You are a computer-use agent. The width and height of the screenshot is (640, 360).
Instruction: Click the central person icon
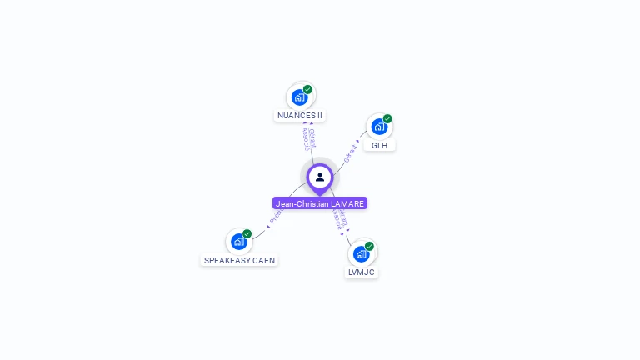320,177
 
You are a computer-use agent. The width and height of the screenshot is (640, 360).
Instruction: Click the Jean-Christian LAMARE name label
320,203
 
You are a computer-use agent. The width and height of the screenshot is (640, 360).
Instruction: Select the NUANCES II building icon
299,97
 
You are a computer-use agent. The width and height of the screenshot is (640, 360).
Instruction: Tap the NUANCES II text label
300,116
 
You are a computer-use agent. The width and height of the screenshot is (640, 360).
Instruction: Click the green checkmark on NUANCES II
307,89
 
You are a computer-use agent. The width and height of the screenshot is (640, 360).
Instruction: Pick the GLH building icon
379,127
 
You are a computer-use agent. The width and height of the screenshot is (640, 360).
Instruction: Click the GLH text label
379,145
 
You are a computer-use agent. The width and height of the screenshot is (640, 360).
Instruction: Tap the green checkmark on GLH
387,118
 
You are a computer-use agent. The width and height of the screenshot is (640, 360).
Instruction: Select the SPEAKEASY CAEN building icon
239,242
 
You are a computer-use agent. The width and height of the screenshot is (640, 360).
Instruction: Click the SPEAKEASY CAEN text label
239,260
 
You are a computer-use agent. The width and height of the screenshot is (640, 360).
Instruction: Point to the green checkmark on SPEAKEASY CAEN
247,233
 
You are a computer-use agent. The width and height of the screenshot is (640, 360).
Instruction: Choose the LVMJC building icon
361,253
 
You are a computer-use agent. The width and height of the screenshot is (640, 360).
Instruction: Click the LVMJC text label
362,272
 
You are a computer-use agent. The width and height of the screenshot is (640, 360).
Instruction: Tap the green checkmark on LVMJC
369,246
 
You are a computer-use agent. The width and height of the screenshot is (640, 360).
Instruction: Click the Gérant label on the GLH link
351,152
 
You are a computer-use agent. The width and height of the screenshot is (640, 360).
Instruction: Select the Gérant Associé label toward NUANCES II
307,138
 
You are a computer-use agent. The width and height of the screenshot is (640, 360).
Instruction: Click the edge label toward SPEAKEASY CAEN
276,217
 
